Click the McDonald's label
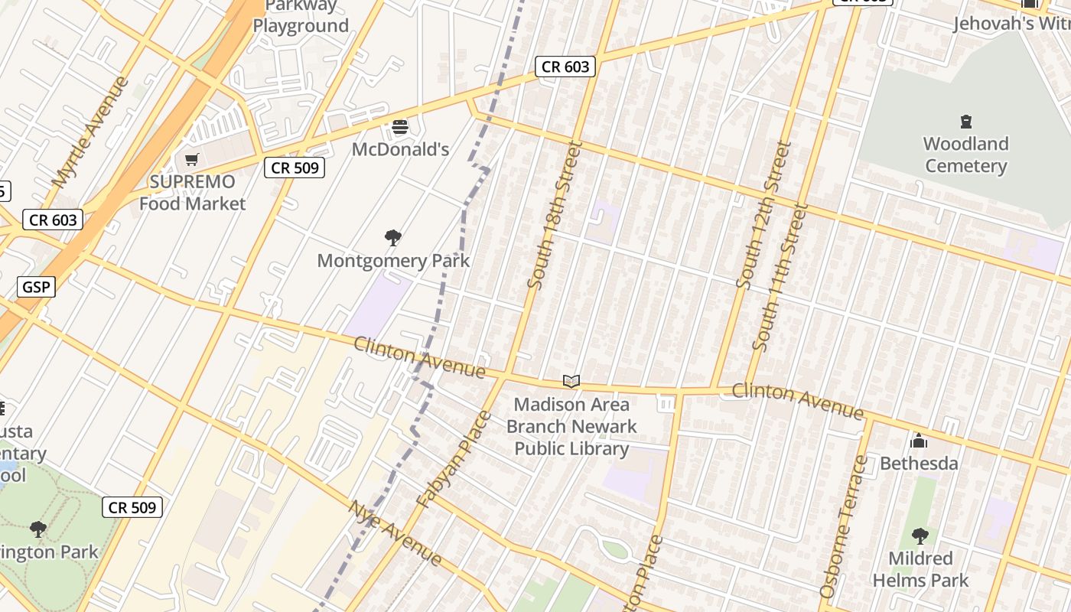click(400, 149)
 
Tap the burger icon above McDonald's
click(400, 126)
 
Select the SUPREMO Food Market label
click(192, 193)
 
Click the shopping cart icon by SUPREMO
click(191, 159)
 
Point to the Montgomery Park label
click(393, 261)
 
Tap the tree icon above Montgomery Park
click(393, 238)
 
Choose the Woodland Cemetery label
click(965, 155)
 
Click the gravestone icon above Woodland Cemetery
click(965, 122)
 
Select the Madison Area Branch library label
click(571, 426)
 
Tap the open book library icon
click(571, 381)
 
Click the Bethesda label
click(919, 464)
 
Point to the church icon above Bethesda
click(919, 441)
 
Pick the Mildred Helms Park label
click(920, 569)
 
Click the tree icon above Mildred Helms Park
click(920, 535)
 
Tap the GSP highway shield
click(36, 288)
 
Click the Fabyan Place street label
click(454, 460)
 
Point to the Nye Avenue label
click(395, 532)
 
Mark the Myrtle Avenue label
click(90, 132)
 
